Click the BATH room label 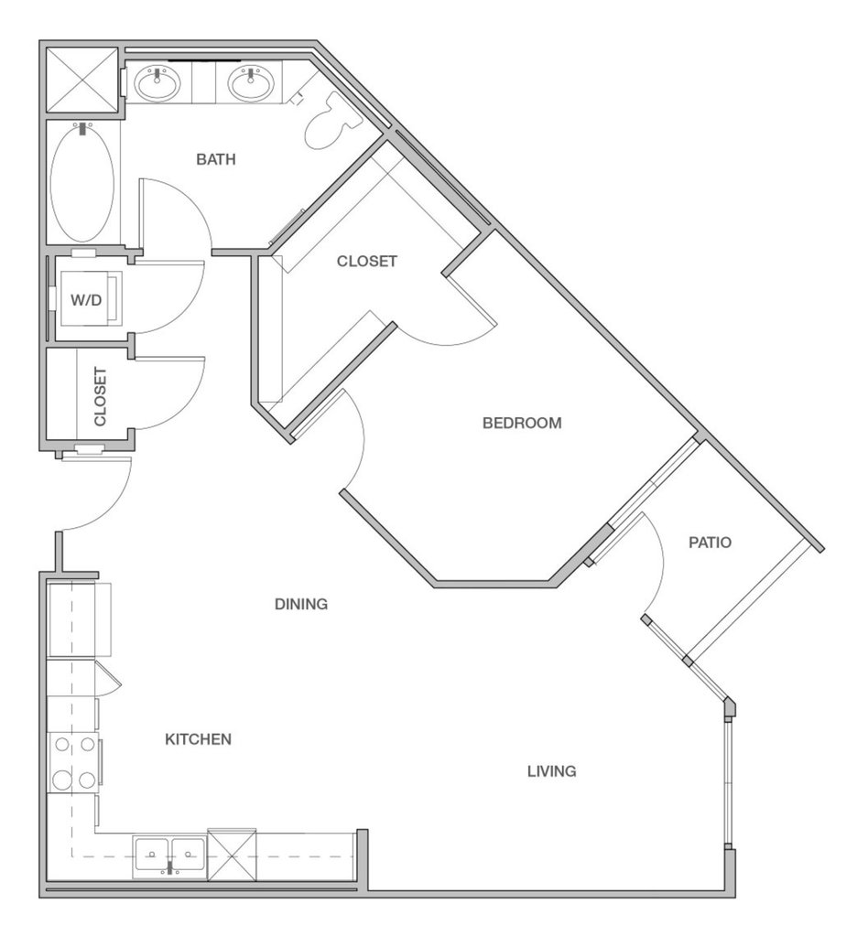click(x=215, y=159)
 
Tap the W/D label click(x=86, y=300)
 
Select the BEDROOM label click(x=522, y=423)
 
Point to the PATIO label click(x=710, y=542)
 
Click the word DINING click(x=301, y=604)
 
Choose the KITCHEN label click(x=198, y=739)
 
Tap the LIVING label click(x=551, y=771)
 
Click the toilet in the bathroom click(x=332, y=121)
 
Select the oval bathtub click(x=82, y=181)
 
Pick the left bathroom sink click(x=157, y=84)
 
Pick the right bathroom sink click(x=252, y=84)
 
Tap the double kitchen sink click(x=169, y=855)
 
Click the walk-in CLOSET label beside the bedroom click(x=366, y=261)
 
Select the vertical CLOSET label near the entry click(x=101, y=396)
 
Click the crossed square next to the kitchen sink click(x=232, y=855)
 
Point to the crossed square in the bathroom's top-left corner click(x=83, y=80)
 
